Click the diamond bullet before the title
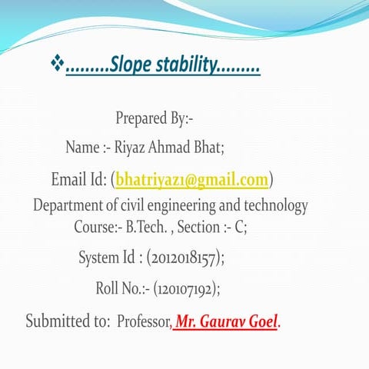coord(57,67)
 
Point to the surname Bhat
coord(207,146)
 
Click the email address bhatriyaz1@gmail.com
coord(192,180)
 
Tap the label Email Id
coord(78,180)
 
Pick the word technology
coord(275,206)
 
